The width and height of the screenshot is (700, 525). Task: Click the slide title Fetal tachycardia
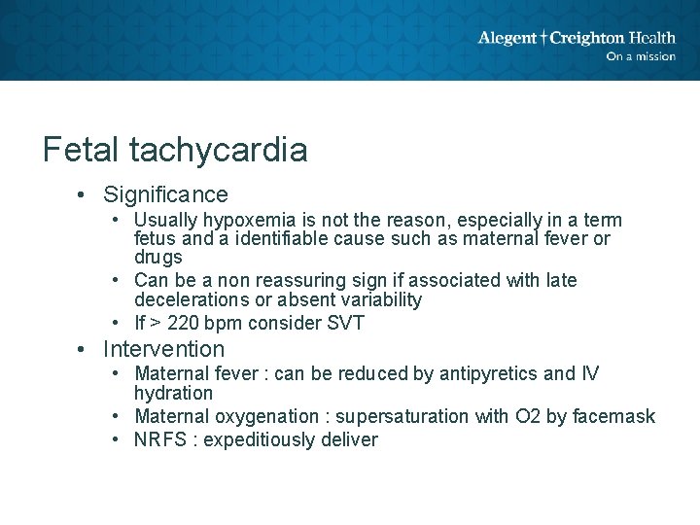click(175, 150)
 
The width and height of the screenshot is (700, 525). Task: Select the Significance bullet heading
click(165, 194)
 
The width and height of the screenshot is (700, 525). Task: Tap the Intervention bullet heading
click(163, 349)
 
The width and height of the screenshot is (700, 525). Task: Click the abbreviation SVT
click(346, 323)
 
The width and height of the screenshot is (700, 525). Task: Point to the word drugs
click(157, 258)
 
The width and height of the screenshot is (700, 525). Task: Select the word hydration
click(173, 394)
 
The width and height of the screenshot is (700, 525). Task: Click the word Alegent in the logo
click(507, 39)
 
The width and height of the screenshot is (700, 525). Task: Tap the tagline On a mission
click(640, 56)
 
